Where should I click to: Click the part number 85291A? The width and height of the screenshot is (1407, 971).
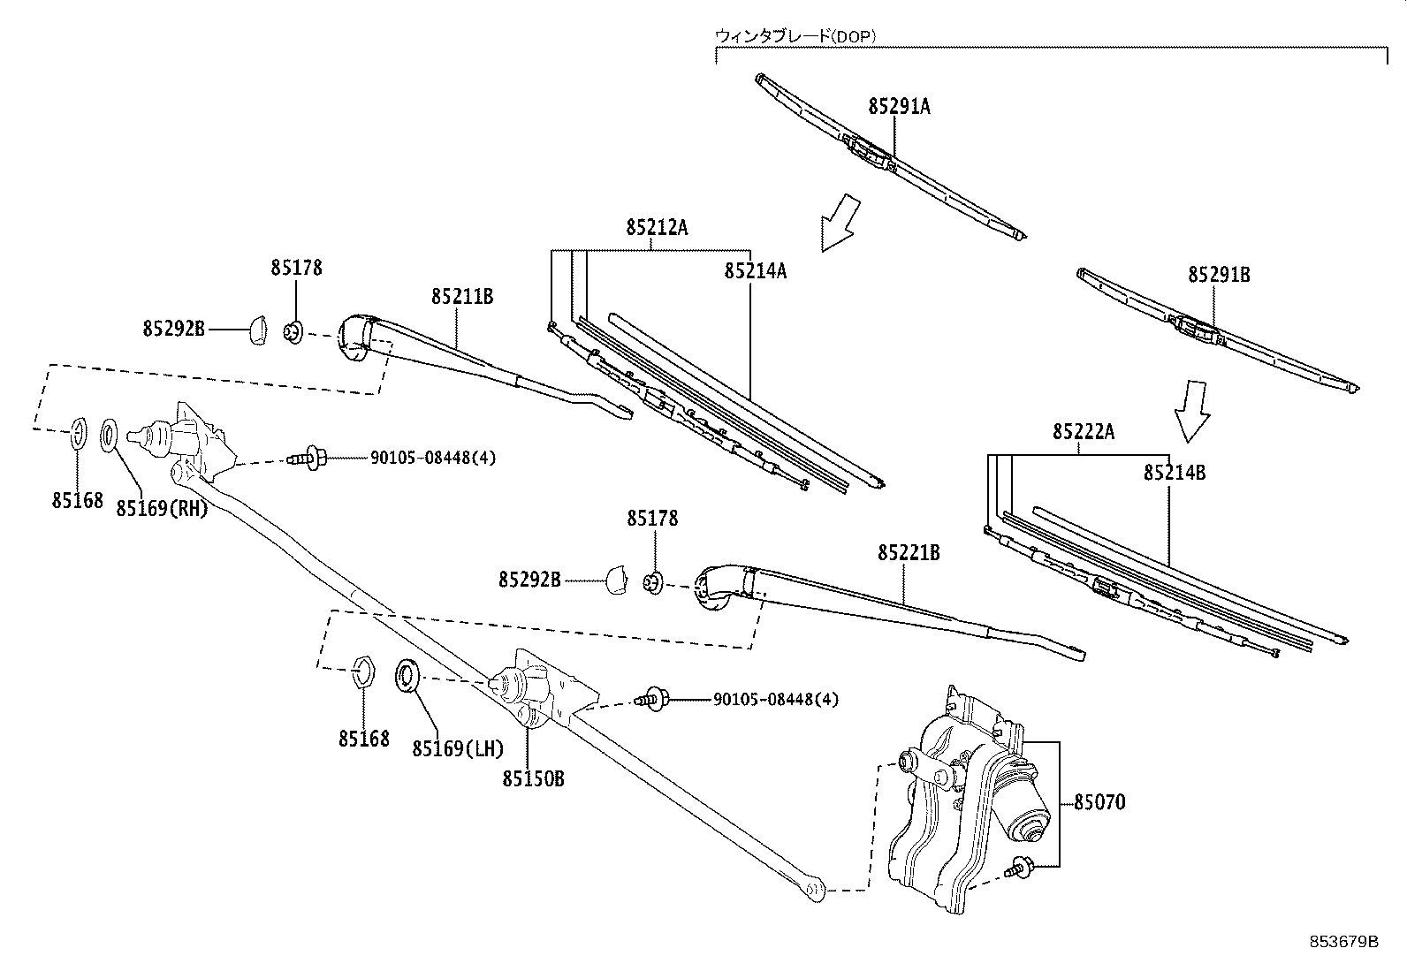pyautogui.click(x=899, y=106)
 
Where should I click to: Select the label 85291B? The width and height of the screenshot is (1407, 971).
pyautogui.click(x=1219, y=275)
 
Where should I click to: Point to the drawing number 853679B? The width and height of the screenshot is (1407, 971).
pyautogui.click(x=1344, y=941)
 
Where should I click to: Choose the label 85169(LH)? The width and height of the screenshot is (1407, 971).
pyautogui.click(x=457, y=748)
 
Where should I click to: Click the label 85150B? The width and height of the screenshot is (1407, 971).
pyautogui.click(x=533, y=778)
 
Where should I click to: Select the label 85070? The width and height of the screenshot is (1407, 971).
pyautogui.click(x=1099, y=802)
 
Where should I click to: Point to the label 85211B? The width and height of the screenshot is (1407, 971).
pyautogui.click(x=462, y=296)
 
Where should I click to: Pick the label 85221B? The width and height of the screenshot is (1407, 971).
pyautogui.click(x=909, y=552)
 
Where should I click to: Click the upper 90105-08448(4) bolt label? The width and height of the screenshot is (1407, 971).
pyautogui.click(x=421, y=458)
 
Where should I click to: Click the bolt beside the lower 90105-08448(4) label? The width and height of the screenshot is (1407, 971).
pyautogui.click(x=653, y=699)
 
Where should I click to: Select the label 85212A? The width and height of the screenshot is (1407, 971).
pyautogui.click(x=657, y=227)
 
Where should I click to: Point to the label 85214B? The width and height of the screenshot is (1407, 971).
pyautogui.click(x=1174, y=472)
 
